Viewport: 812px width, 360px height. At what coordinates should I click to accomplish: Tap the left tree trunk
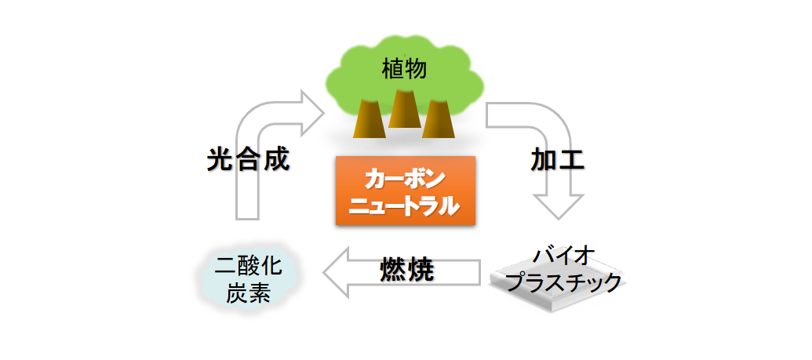click(x=369, y=118)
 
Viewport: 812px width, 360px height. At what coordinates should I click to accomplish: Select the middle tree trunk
click(x=403, y=109)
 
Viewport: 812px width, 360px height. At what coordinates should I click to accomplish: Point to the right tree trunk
click(x=438, y=118)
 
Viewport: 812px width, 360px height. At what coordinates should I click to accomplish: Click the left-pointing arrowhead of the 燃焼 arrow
click(x=336, y=271)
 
